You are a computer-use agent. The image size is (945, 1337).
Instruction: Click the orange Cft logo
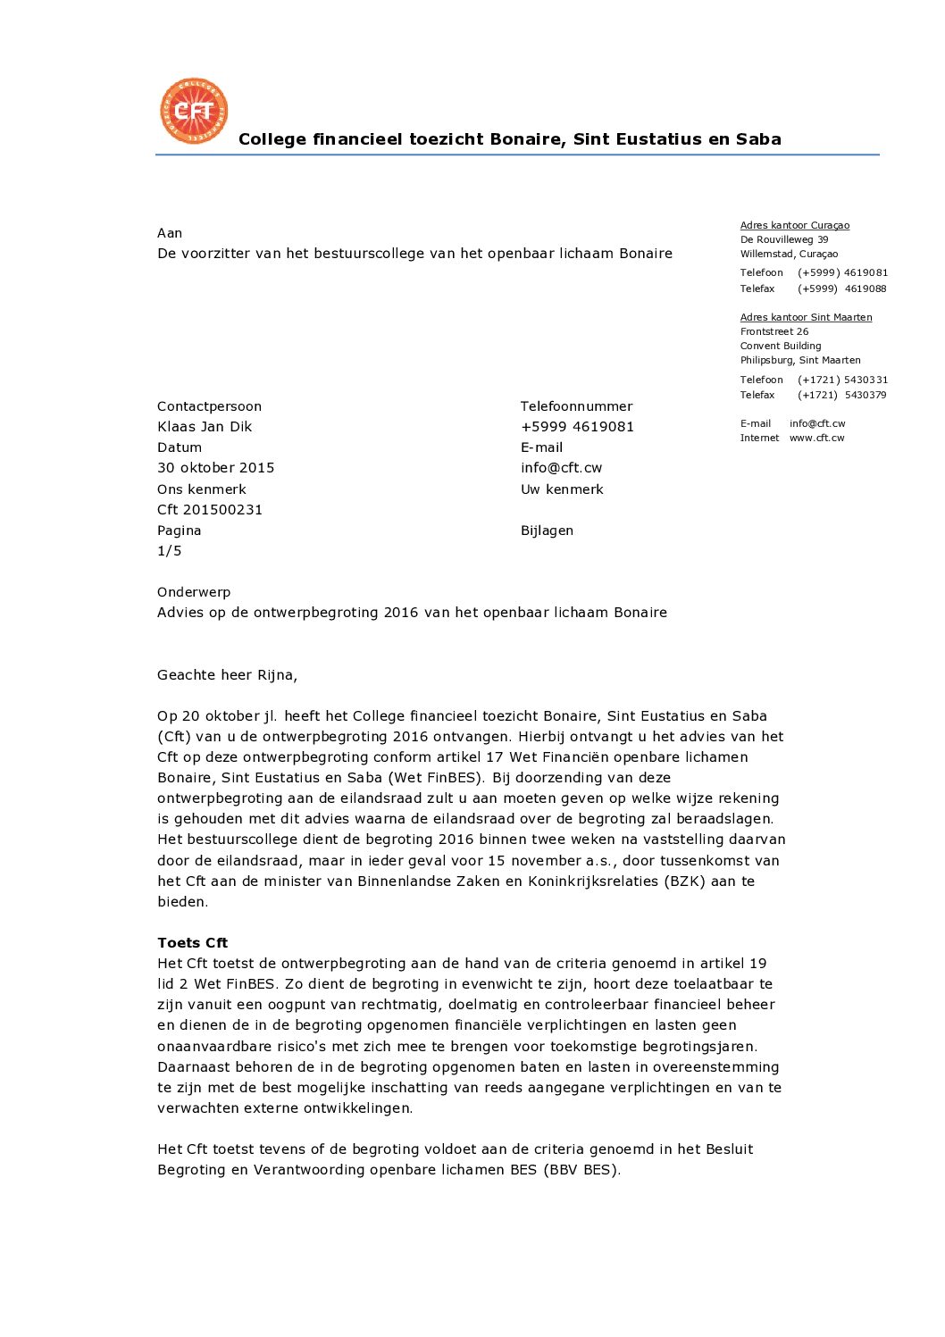click(194, 111)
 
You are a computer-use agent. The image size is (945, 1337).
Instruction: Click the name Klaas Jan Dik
click(205, 427)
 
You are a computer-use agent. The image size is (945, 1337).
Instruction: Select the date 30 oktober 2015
click(215, 468)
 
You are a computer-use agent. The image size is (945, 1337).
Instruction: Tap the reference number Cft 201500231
click(210, 510)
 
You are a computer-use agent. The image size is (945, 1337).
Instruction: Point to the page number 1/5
click(169, 551)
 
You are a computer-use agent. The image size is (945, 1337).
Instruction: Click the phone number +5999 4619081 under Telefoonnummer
click(577, 427)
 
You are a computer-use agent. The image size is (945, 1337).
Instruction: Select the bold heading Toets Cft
click(192, 943)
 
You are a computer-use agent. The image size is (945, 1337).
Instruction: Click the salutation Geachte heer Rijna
click(227, 675)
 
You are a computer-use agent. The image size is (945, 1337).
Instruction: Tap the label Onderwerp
click(194, 592)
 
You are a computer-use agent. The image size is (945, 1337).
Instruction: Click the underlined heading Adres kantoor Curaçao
click(794, 225)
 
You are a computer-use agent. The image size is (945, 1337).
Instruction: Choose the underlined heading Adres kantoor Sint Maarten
click(806, 317)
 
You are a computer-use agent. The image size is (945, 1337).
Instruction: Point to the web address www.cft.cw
click(816, 438)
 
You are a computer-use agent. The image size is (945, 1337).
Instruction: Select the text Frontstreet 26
click(774, 331)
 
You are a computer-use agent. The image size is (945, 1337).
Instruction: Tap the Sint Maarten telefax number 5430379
click(865, 395)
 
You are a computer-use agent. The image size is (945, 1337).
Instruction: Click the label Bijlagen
click(547, 531)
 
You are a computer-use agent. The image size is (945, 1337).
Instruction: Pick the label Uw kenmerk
click(562, 489)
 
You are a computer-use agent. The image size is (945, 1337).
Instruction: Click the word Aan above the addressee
click(170, 233)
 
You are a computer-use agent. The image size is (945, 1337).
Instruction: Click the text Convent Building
click(780, 346)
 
